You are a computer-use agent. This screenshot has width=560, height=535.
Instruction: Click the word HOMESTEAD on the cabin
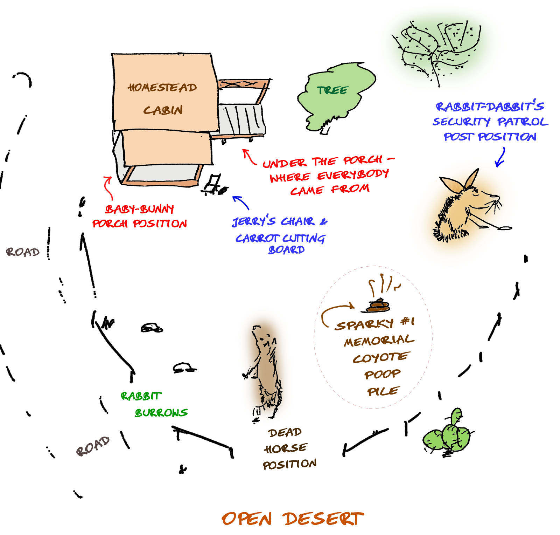click(x=162, y=87)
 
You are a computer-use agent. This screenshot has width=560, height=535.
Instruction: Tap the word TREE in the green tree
click(x=332, y=90)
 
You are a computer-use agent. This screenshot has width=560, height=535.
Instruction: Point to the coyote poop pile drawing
click(x=378, y=306)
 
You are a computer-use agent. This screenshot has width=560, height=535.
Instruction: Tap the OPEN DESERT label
click(x=293, y=519)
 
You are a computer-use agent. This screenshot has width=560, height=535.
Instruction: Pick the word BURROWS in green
click(x=161, y=413)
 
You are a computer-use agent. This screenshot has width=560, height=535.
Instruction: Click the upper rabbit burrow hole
click(x=152, y=328)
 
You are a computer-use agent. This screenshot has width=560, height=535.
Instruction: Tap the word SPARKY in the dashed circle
click(x=364, y=324)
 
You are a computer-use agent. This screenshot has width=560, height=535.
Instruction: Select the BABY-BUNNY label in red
click(x=139, y=209)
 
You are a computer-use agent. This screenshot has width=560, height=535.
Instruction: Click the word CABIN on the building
click(x=163, y=110)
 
